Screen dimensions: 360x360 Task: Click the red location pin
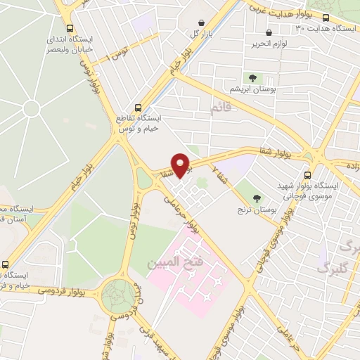[x=181, y=166]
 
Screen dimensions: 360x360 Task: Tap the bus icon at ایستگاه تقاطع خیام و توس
[x=138, y=109]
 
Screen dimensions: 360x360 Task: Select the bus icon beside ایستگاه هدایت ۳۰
[x=326, y=18]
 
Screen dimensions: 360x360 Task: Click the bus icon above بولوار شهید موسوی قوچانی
[x=307, y=175]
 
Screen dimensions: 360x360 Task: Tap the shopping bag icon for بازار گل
[x=202, y=23]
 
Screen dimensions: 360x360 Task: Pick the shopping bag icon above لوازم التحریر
[x=269, y=32]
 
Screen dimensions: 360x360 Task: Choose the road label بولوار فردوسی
[x=60, y=289]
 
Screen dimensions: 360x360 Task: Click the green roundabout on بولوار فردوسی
[x=118, y=295]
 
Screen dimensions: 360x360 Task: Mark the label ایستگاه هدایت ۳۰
[x=324, y=29]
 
